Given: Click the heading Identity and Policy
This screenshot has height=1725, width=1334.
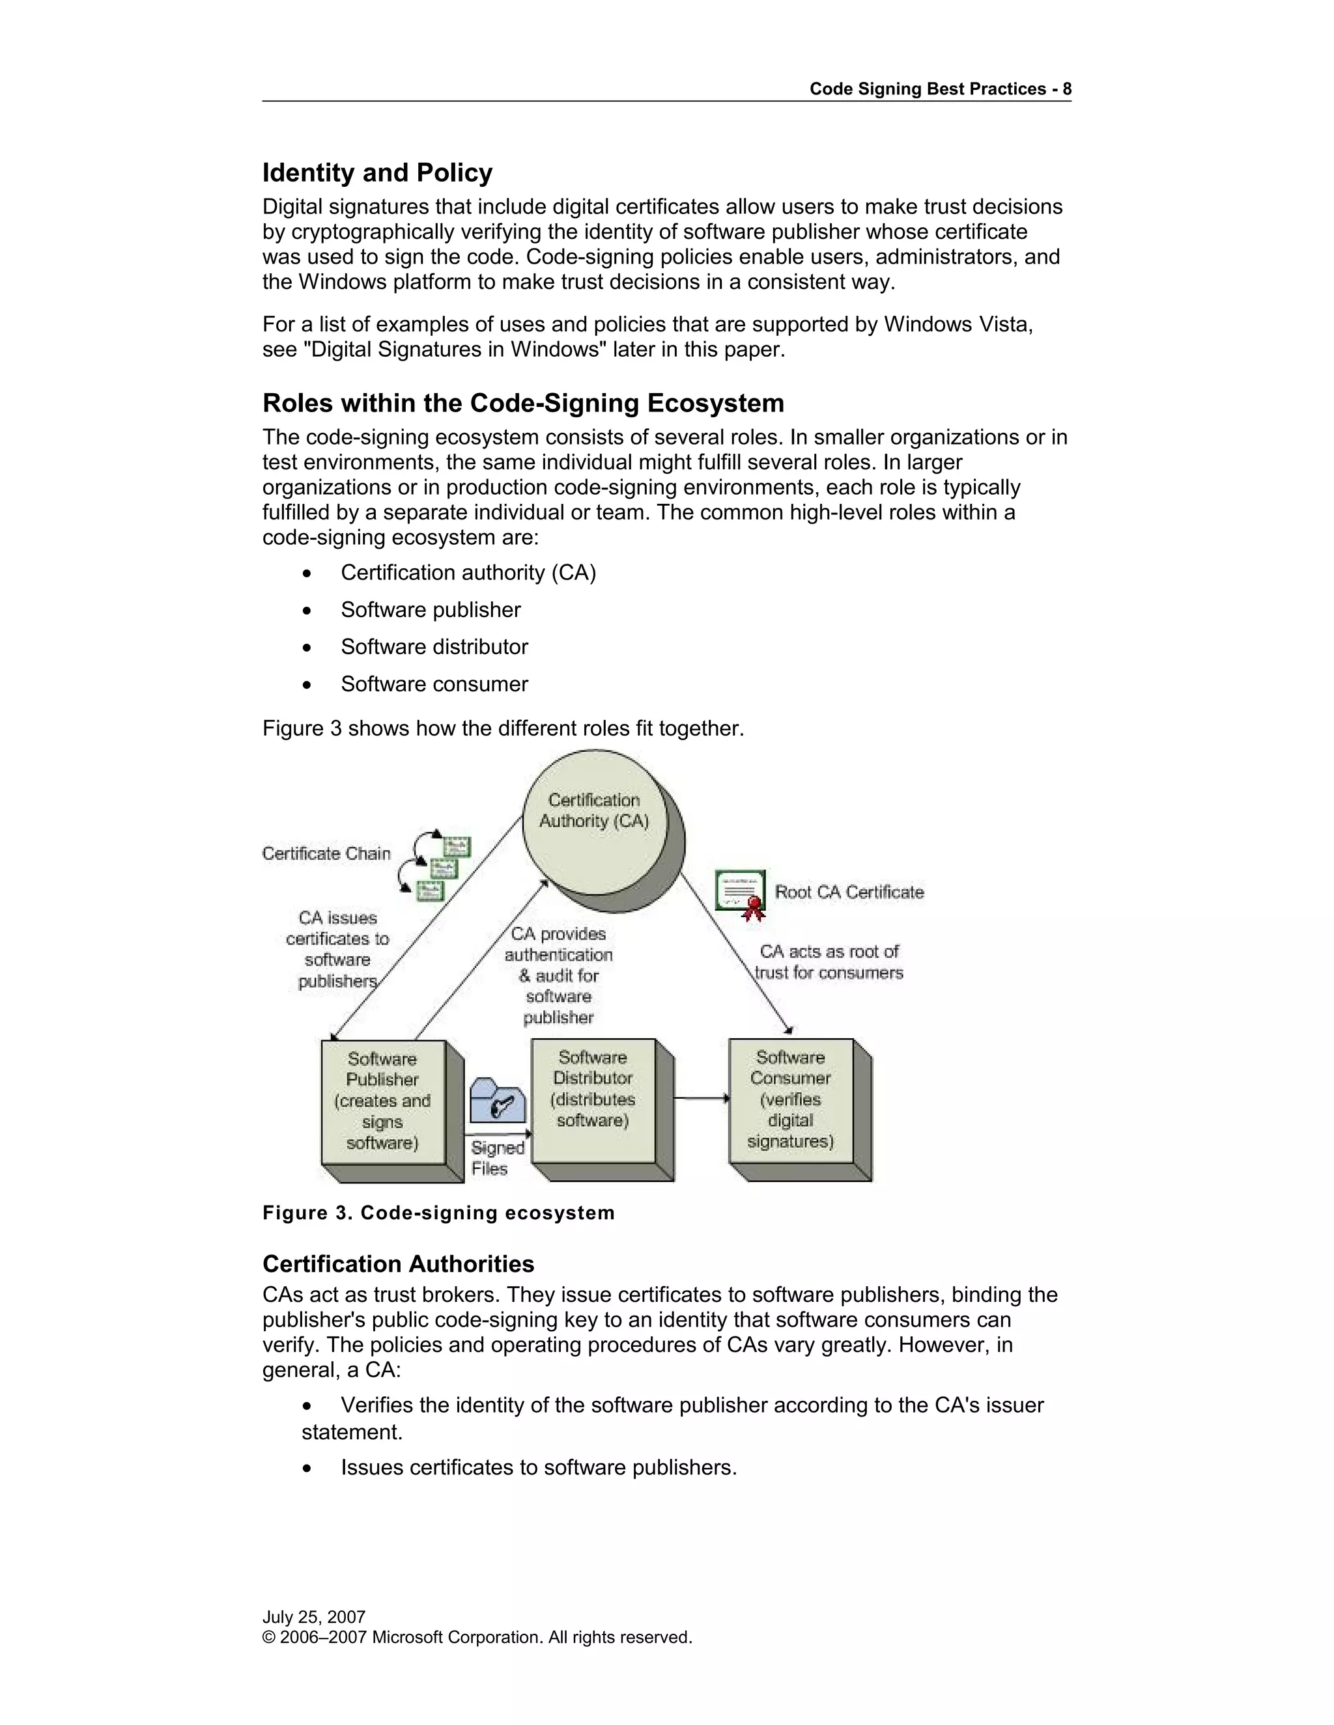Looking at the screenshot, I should [377, 172].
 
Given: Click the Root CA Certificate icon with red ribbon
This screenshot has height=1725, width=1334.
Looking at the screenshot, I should [741, 893].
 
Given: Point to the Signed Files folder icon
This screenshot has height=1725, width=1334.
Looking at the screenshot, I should [497, 1101].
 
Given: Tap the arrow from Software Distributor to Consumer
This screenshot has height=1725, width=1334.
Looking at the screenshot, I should [702, 1098].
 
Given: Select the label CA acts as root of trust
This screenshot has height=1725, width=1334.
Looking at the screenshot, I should [829, 961].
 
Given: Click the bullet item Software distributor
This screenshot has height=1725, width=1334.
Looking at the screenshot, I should [434, 646].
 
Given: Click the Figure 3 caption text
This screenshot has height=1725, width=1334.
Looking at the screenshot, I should [438, 1213].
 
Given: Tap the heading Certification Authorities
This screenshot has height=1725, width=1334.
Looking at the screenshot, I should [398, 1263].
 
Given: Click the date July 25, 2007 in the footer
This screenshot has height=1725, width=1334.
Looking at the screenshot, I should [314, 1617].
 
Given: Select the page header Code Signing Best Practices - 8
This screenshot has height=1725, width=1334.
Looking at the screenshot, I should [940, 89].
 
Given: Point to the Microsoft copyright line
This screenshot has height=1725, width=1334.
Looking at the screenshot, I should [477, 1636].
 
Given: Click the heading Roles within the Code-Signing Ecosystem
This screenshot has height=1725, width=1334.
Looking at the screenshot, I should [523, 403].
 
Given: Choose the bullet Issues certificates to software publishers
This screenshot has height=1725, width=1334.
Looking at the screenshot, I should [538, 1467].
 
